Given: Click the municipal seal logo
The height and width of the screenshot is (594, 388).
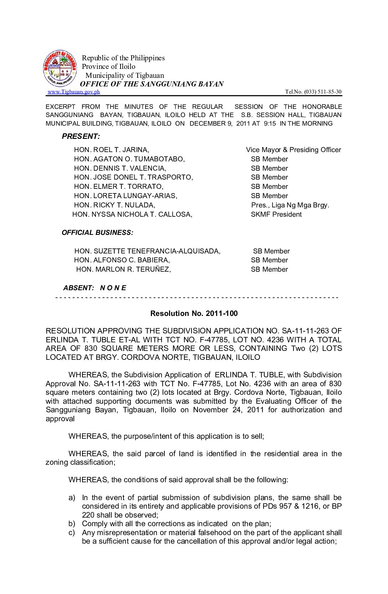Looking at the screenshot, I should pos(60,68).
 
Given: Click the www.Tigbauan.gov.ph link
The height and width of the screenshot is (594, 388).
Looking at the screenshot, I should pos(74,92).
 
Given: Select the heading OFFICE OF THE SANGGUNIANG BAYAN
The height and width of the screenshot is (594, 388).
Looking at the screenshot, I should pos(152,84).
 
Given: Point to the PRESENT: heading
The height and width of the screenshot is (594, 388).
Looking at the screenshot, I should pos(81,136).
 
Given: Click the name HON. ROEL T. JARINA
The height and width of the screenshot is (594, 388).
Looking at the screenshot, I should pos(112,150).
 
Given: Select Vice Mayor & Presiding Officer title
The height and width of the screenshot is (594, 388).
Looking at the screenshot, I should pos(293,150).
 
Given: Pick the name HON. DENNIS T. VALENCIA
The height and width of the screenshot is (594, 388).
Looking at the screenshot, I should pos(120,168).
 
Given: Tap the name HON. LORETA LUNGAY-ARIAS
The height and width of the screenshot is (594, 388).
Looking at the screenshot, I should pos(126,196).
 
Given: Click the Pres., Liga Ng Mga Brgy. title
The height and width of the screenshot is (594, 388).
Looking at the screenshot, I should pos(290,205).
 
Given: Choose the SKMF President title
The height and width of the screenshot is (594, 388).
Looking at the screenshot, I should pos(276,214).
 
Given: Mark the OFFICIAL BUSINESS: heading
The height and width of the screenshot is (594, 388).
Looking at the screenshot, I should pos(97,233).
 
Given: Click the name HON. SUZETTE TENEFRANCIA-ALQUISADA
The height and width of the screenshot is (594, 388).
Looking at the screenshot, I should pos(147,251).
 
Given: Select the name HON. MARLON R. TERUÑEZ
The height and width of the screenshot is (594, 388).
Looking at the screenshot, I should pos(123,269).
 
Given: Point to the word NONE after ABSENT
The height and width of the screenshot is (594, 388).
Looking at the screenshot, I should pos(113,288).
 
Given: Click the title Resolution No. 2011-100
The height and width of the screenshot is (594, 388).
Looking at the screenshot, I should pos(194,313).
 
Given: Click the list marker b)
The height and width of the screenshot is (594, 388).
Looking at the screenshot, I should pos(72,524).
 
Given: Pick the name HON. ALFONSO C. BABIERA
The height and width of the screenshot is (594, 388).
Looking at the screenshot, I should pos(122,260).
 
